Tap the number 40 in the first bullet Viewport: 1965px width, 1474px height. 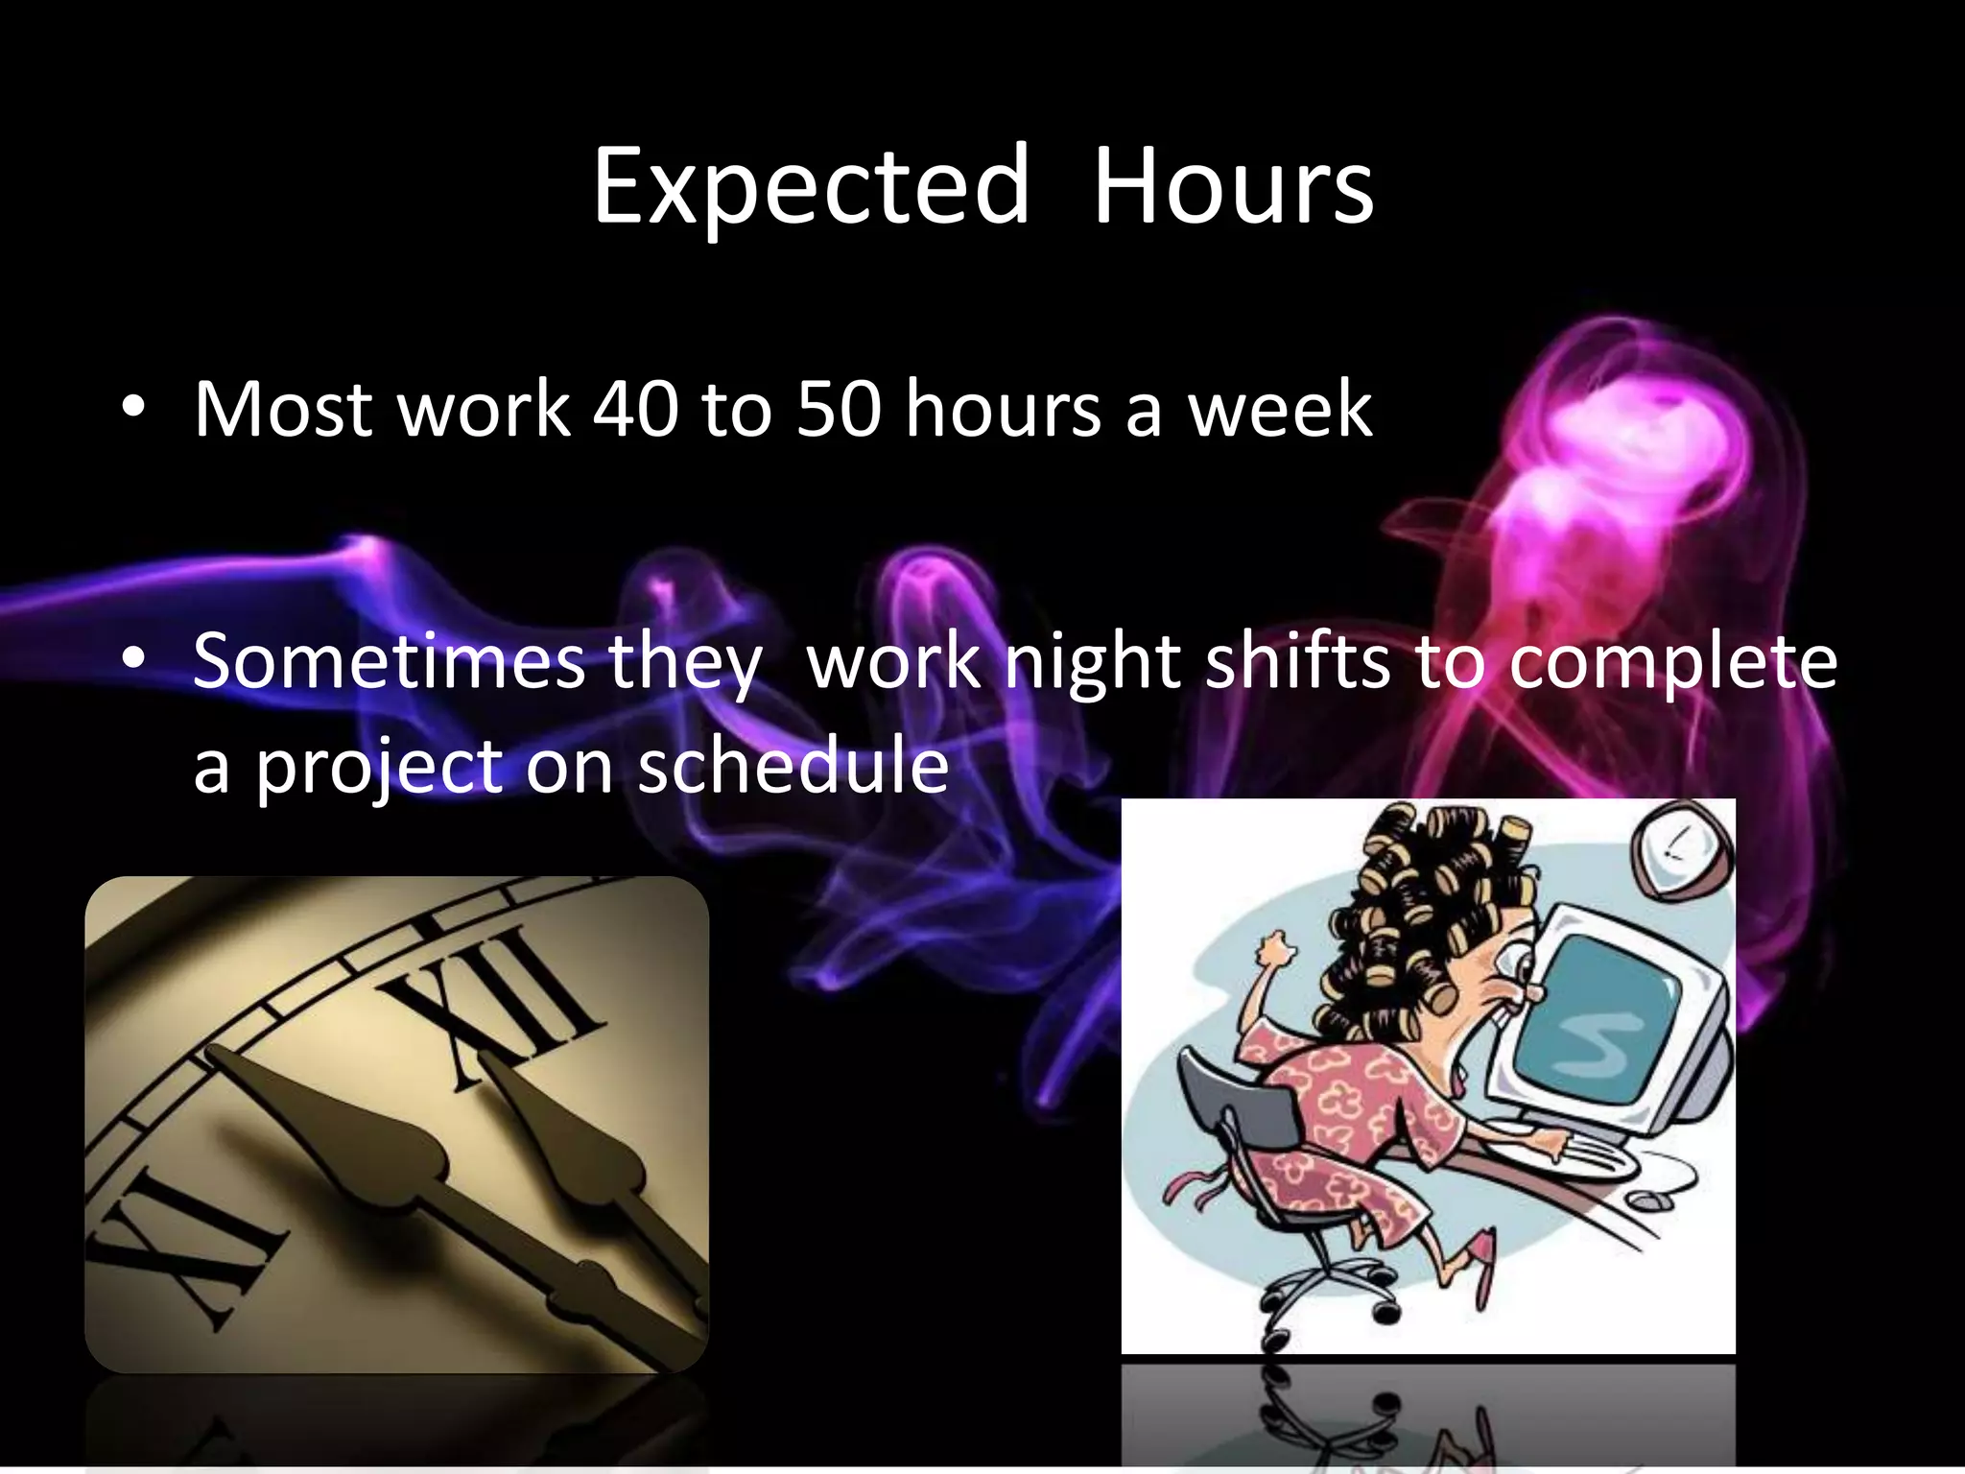[x=635, y=410]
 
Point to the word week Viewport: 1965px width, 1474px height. [x=1280, y=410]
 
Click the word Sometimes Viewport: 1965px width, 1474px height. [x=389, y=662]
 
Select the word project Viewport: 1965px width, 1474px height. [x=379, y=768]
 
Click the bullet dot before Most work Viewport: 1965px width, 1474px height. [x=133, y=409]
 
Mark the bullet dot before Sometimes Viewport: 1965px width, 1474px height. [x=133, y=659]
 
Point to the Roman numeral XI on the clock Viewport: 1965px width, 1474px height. [x=187, y=1248]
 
